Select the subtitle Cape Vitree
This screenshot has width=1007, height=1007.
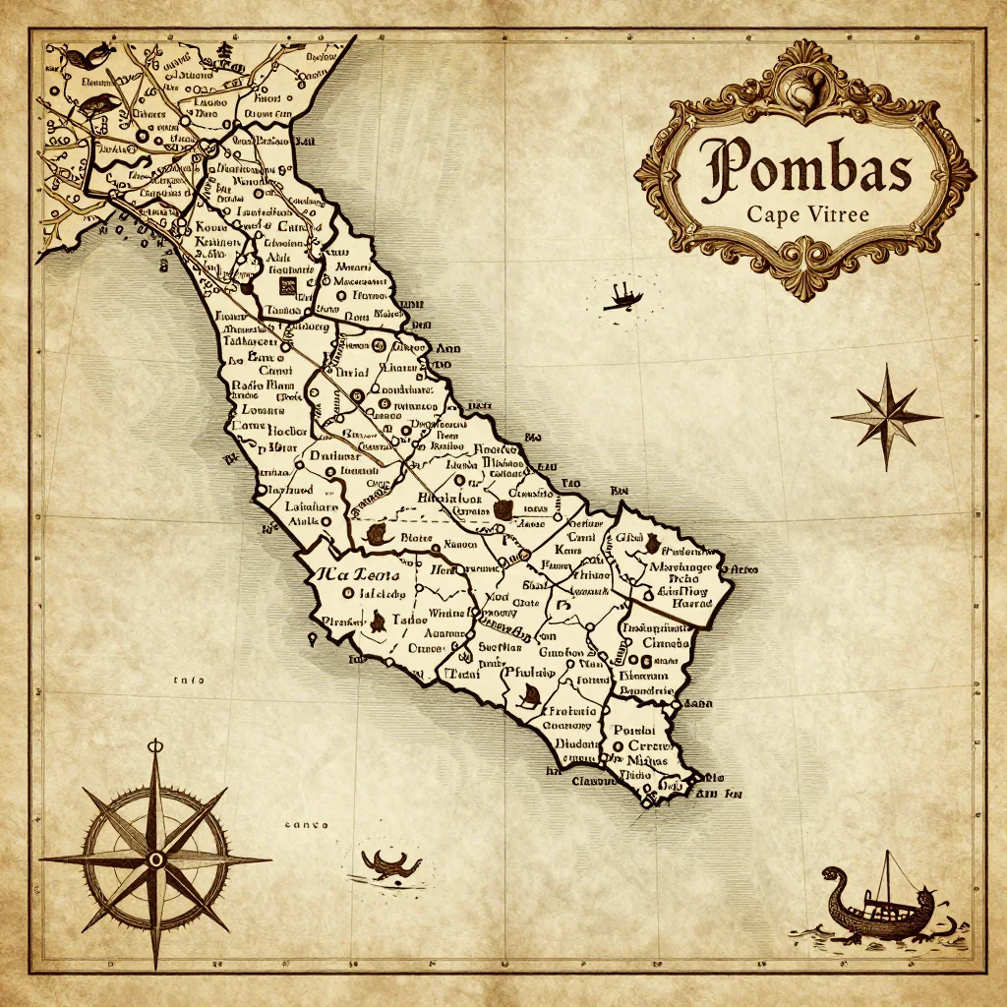[807, 214]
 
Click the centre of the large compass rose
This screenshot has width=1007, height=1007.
[155, 859]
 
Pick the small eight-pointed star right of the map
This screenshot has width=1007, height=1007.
[886, 416]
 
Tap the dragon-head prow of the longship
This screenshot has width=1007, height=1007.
[832, 874]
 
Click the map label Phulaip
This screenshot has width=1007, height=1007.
[528, 673]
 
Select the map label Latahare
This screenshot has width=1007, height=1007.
[312, 507]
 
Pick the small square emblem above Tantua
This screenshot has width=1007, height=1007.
[287, 286]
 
